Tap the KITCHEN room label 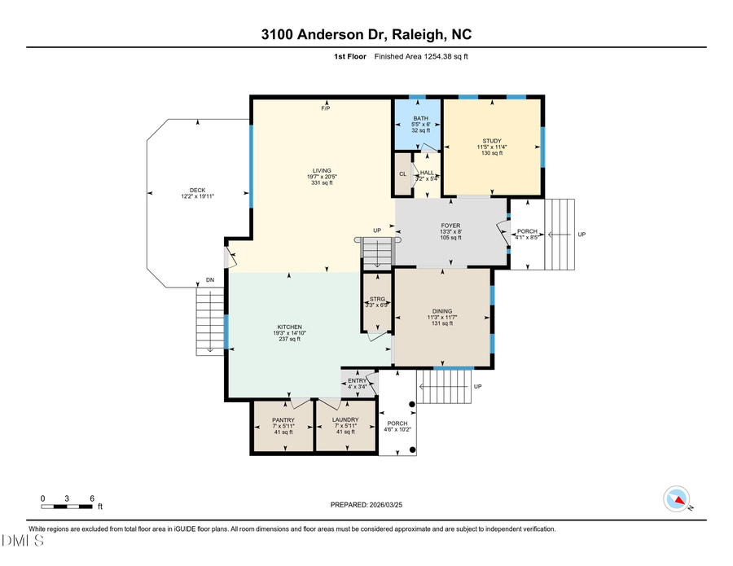coord(287,327)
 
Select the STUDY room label coord(491,141)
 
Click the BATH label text coord(419,118)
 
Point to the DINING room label coord(442,311)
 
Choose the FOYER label coord(450,226)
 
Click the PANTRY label coord(283,420)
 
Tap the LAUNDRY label coord(345,420)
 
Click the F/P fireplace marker coord(325,108)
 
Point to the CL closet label coord(402,174)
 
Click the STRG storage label coord(377,299)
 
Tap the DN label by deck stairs coord(210,281)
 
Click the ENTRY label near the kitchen coord(358,380)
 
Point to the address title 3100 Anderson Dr coord(366,34)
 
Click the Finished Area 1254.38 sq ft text coord(421,56)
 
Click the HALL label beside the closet coord(428,173)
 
